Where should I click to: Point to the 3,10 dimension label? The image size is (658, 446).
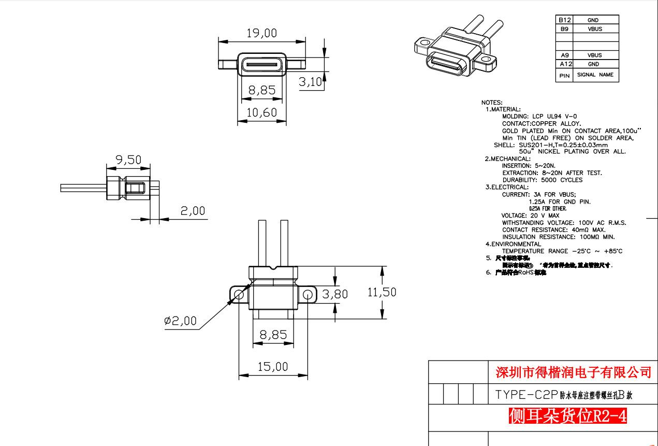point(311,82)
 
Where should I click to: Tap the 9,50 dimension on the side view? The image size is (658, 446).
point(128,160)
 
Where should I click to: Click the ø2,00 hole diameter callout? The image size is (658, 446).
point(180,321)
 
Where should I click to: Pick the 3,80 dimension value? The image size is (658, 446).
point(335,294)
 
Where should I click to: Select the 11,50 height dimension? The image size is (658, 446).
point(382,292)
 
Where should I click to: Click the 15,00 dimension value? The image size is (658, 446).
point(273,367)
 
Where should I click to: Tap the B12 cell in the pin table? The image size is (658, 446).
point(564,20)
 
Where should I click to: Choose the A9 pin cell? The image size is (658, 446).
point(564,55)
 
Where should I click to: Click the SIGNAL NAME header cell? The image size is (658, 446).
point(595,75)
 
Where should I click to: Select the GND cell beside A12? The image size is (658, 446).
point(595,64)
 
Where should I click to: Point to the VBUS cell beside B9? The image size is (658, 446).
point(595,29)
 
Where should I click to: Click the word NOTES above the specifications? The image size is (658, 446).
point(492,103)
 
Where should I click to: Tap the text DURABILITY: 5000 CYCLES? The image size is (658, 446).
point(542,180)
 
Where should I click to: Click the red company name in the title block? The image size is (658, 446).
point(573,372)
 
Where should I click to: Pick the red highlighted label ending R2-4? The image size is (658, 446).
point(568,415)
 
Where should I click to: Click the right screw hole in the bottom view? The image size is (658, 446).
point(308,295)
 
